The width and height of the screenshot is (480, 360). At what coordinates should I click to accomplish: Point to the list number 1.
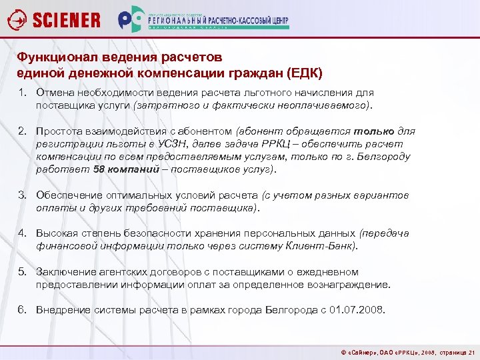22,93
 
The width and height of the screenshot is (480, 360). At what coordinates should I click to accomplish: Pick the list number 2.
22,131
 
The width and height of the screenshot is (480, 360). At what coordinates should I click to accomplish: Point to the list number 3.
22,195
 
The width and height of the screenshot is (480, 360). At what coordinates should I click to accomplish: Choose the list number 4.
22,233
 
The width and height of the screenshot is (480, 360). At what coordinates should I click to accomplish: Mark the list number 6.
22,310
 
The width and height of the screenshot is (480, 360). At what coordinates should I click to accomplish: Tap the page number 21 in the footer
472,352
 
